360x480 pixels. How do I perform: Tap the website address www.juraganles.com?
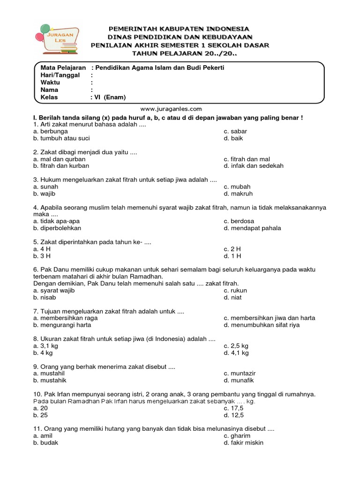pos(171,109)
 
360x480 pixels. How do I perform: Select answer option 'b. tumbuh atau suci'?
pos(61,138)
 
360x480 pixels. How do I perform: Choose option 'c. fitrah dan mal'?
pos(247,159)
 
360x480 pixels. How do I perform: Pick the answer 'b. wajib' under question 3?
pos(45,193)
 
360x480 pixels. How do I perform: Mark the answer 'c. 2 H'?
pos(232,248)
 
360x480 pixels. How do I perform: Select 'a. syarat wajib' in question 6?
pos(54,290)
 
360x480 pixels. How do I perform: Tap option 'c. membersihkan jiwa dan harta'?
pos(269,318)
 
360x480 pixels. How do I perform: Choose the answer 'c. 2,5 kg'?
pos(236,345)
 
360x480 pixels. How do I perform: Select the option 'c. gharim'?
pos(237,435)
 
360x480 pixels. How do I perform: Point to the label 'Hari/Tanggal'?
pos(60,75)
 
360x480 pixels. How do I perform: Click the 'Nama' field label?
pos(49,90)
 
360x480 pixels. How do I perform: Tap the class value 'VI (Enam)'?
pos(110,97)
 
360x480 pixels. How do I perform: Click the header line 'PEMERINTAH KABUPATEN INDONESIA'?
pos(180,29)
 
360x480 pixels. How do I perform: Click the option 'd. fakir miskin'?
pos(243,442)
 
